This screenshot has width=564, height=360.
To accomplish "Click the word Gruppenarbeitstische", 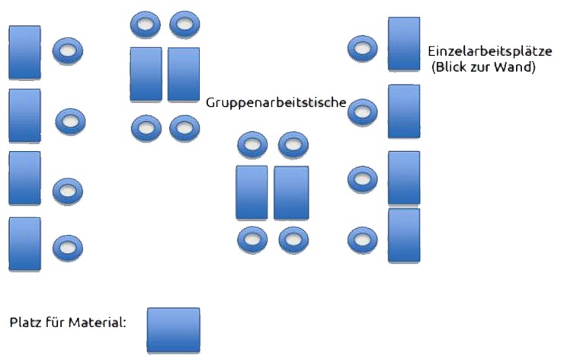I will (277, 102).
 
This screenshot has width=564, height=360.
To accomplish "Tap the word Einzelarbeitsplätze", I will (490, 52).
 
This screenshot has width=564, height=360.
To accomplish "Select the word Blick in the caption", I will (453, 67).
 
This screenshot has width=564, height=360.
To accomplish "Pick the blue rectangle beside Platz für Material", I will (173, 330).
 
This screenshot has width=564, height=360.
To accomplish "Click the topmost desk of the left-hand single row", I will (24, 52).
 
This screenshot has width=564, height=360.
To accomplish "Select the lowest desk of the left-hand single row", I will (24, 244).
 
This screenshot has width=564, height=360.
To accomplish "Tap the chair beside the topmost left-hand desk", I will (68, 52).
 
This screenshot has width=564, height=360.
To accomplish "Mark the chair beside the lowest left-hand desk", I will (68, 248).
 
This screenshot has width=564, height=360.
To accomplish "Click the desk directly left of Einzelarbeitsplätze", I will (404, 43).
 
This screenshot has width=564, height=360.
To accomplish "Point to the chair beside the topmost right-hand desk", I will (362, 49).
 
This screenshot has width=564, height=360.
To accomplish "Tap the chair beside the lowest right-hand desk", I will (362, 242).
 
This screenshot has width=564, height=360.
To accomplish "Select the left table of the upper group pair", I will (146, 74).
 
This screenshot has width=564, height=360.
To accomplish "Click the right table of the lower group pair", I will (291, 193).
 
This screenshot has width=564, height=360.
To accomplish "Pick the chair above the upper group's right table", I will (184, 25).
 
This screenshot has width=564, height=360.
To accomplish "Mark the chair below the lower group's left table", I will (252, 240).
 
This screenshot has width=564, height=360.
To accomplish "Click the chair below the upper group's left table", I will (146, 127).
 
